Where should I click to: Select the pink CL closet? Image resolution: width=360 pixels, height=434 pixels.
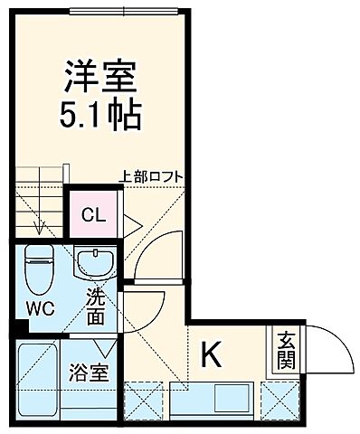[92, 215]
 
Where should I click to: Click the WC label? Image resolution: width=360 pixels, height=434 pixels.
[39, 307]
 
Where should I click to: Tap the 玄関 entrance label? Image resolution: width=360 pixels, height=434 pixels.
[286, 350]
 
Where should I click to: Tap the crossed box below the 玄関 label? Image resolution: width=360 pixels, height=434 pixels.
[278, 397]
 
